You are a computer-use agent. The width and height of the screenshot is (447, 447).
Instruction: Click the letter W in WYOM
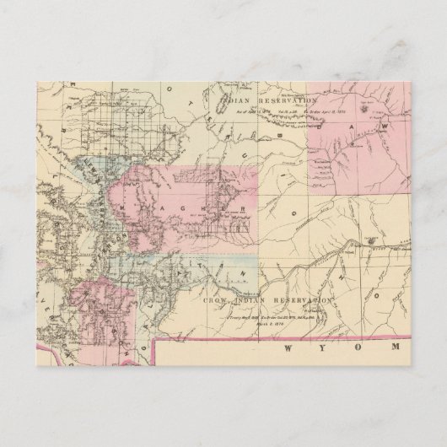click(292, 349)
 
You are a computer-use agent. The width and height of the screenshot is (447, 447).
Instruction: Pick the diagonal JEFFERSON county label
click(94, 245)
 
